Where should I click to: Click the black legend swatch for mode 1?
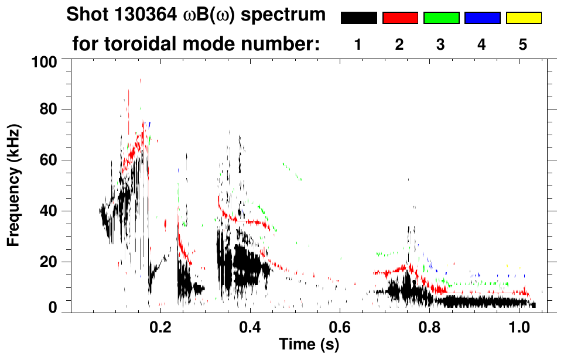click(x=358, y=18)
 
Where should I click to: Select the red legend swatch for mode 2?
click(x=400, y=18)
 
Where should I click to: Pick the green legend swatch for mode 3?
click(x=441, y=18)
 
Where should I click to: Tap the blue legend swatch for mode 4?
click(x=482, y=18)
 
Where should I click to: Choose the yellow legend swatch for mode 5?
click(x=524, y=18)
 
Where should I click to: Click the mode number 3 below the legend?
click(x=441, y=44)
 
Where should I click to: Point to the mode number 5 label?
click(x=523, y=44)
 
